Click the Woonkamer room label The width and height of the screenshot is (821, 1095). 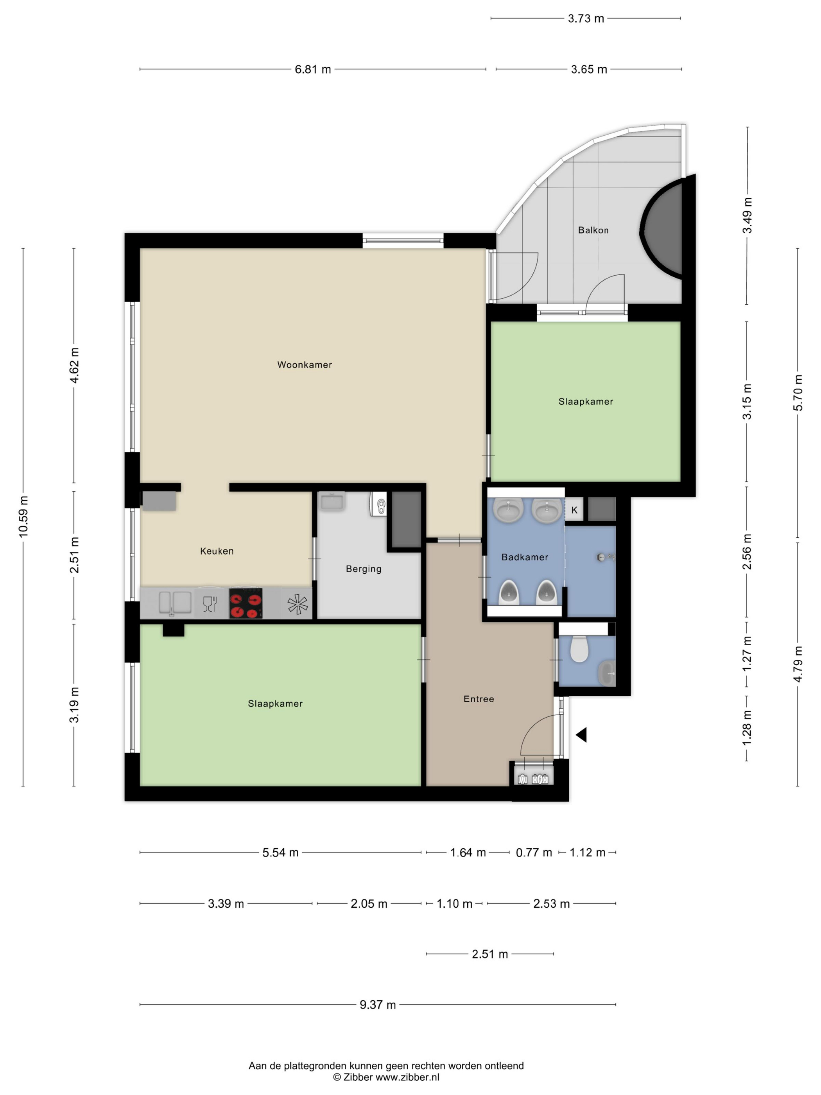tap(304, 365)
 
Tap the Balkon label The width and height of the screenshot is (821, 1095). tap(593, 230)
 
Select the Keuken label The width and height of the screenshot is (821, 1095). tap(217, 551)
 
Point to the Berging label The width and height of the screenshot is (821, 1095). tap(364, 569)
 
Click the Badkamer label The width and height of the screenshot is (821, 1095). tap(525, 557)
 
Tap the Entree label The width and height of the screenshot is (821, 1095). tap(479, 699)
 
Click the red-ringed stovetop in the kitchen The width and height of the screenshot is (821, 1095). tap(246, 603)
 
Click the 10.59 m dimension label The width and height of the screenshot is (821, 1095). tap(23, 516)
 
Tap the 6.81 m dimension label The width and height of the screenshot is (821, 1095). tap(313, 69)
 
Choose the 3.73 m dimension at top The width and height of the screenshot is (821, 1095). tap(586, 19)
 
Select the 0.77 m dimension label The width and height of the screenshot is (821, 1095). tap(534, 853)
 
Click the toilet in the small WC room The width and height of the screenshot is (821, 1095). tap(579, 648)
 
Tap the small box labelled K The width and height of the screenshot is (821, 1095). tap(574, 510)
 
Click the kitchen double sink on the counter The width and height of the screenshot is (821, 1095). tap(175, 603)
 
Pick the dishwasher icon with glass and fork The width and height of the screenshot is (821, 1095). tap(210, 604)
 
